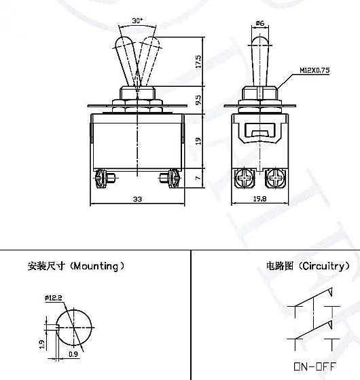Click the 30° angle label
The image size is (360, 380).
[137, 20]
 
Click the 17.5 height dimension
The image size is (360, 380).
[198, 62]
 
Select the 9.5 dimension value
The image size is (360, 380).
[198, 100]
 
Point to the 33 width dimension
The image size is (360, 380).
[137, 199]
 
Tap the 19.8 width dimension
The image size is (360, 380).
[259, 199]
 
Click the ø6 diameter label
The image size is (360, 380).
[259, 23]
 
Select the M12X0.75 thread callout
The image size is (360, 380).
[314, 71]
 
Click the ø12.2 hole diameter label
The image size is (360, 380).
[54, 298]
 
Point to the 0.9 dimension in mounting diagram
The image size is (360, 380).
[73, 354]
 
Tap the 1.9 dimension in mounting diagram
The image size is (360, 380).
[42, 345]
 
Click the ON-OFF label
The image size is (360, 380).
[315, 366]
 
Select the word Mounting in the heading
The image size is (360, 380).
[96, 266]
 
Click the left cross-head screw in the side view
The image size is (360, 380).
[245, 178]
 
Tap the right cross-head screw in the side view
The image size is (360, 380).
[275, 178]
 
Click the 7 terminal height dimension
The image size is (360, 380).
[198, 178]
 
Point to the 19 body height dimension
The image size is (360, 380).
[198, 141]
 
